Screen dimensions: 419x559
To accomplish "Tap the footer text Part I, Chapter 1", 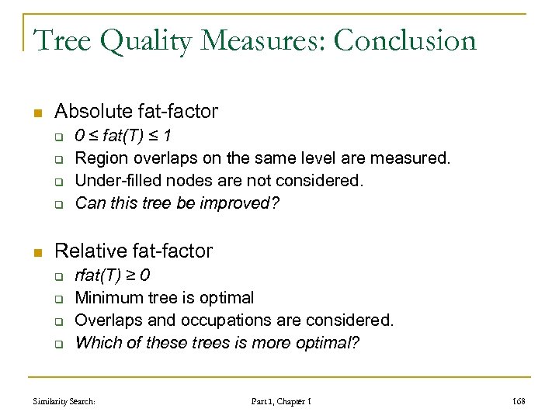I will pos(281,401).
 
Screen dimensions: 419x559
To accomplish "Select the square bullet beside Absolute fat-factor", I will pos(37,113).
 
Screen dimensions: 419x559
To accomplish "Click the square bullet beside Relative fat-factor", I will pos(37,251).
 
